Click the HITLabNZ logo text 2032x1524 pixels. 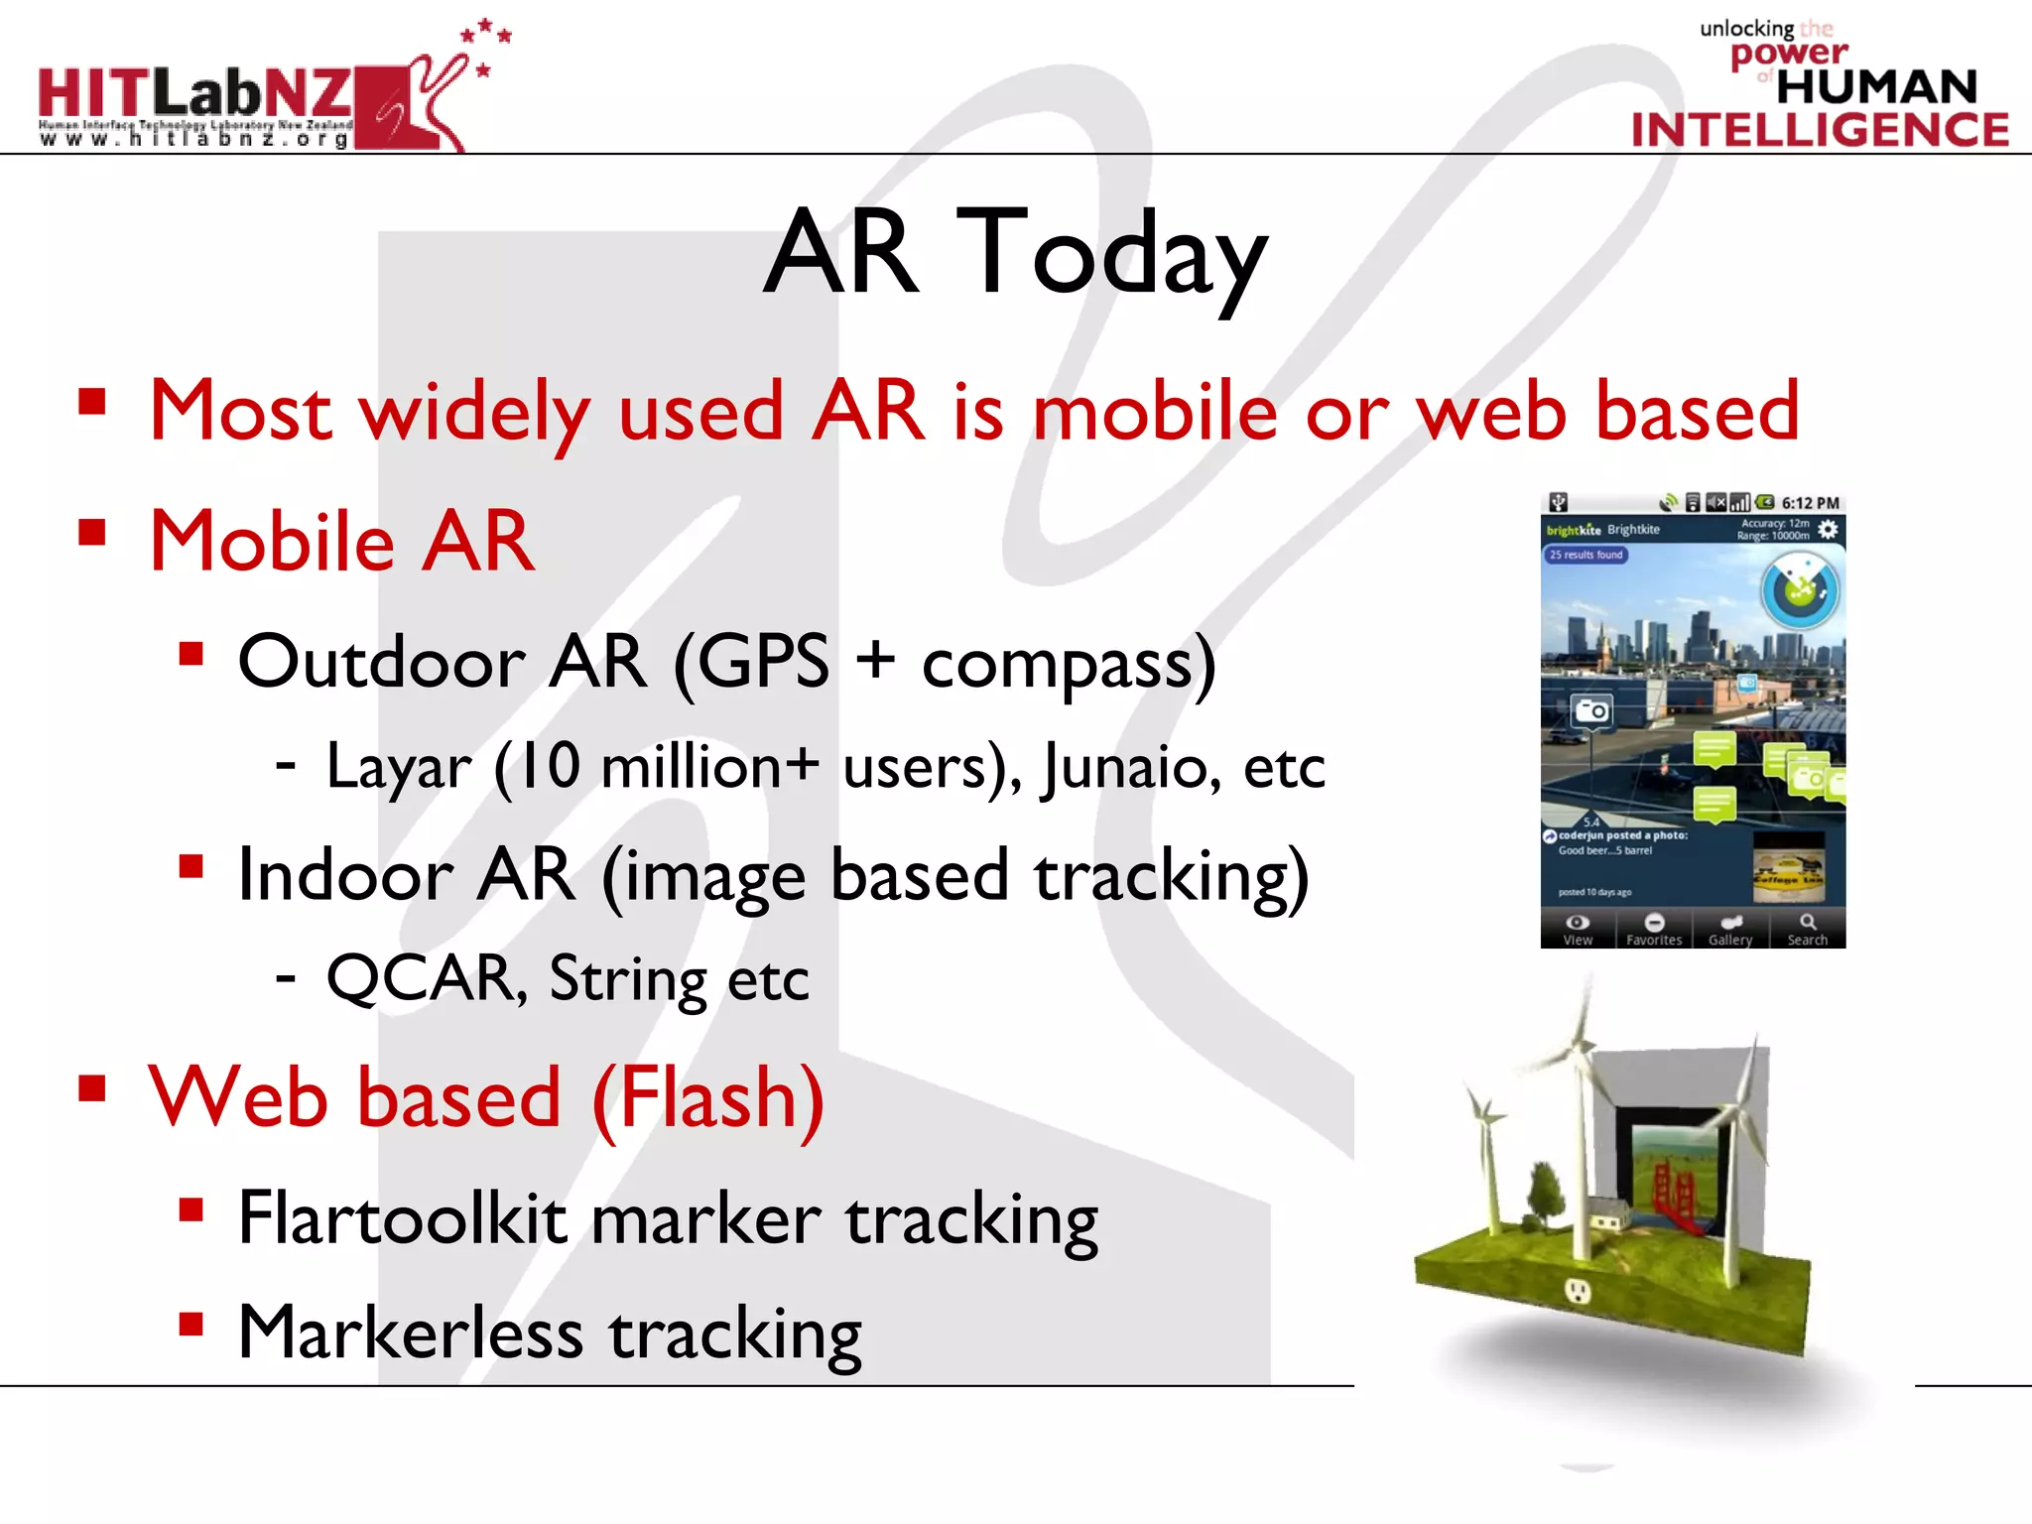coord(195,94)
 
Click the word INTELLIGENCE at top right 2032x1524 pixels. coord(1820,130)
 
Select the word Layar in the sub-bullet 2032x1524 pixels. coord(399,767)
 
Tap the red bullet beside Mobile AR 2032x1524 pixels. coord(92,533)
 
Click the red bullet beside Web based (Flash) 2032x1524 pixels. coord(92,1088)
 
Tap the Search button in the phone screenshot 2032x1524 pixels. coord(1807,930)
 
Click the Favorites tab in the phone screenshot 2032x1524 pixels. coord(1654,930)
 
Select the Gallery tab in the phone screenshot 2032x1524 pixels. coord(1730,930)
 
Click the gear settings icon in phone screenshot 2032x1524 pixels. coord(1828,530)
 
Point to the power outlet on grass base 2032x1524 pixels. coord(1577,1291)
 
